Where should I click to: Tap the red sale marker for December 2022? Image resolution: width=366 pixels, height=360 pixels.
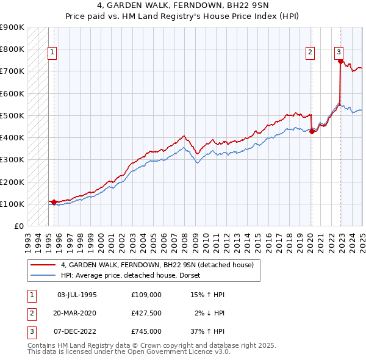coord(340,60)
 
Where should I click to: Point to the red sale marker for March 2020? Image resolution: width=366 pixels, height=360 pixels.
coord(311,131)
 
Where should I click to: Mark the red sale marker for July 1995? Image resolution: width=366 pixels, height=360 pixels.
coord(54,201)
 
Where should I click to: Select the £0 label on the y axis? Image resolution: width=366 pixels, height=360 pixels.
coord(18,226)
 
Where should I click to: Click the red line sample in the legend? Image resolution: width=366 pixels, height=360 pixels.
coord(43,265)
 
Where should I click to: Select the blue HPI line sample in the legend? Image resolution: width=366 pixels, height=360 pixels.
coord(43,275)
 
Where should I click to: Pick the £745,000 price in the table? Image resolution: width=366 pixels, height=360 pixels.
coord(146,331)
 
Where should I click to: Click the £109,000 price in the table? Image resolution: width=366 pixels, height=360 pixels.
coord(146,295)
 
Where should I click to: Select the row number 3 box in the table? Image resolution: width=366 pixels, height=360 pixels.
coord(30,331)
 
